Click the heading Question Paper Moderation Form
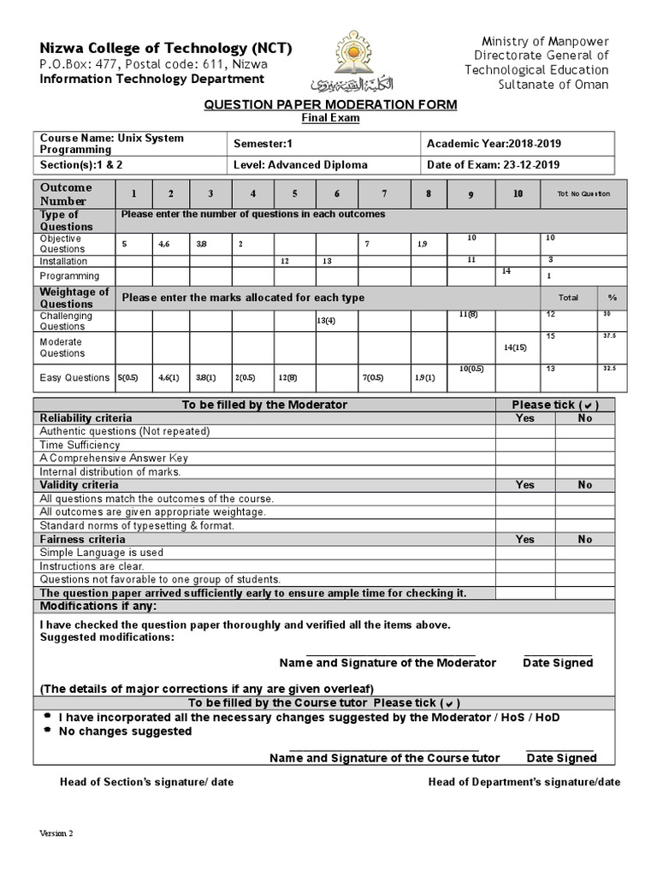pyautogui.click(x=329, y=104)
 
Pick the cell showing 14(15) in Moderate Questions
pyautogui.click(x=517, y=347)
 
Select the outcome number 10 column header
pyautogui.click(x=518, y=194)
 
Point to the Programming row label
pyautogui.click(x=70, y=276)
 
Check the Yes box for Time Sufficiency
pyautogui.click(x=525, y=445)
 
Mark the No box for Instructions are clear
pyautogui.click(x=584, y=566)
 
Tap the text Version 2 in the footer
pyautogui.click(x=56, y=833)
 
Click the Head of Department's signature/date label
pyautogui.click(x=524, y=782)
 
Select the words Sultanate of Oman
pyautogui.click(x=553, y=85)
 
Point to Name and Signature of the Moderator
pyautogui.click(x=388, y=663)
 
